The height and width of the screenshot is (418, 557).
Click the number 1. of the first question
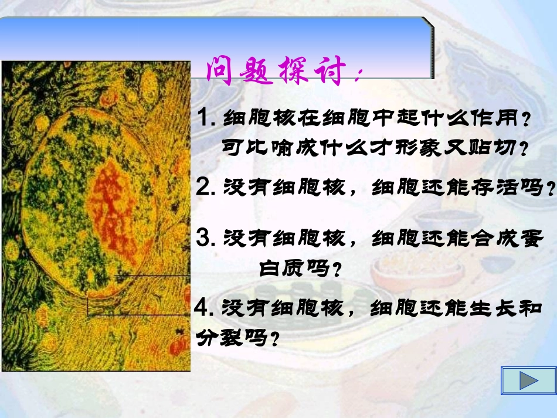point(206,118)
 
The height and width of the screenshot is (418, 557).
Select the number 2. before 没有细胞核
point(206,187)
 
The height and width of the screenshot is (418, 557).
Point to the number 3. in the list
point(206,238)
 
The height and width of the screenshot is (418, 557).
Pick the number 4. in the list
point(206,307)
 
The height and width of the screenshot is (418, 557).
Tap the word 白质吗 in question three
point(295,269)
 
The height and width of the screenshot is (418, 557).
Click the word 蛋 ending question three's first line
point(529,239)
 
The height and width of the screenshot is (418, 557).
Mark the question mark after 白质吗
point(337,270)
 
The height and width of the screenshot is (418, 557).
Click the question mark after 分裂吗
point(272,339)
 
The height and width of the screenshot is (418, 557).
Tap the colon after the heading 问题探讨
point(359,74)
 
